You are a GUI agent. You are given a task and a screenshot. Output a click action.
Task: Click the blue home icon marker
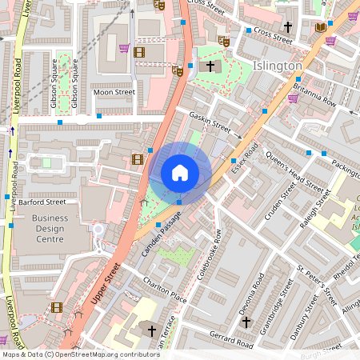[180, 173]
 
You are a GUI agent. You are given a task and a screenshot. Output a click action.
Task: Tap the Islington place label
[278, 66]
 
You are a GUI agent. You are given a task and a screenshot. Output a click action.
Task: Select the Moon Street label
[114, 93]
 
